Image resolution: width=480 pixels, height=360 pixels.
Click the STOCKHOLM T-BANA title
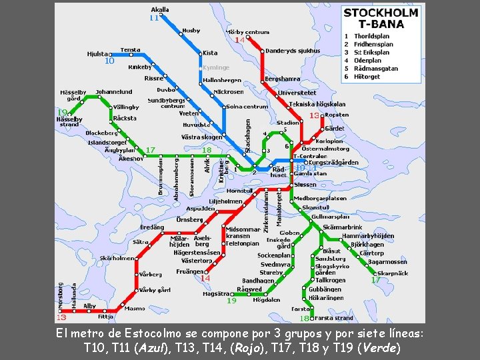[381, 18]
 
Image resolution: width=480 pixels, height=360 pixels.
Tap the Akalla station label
[160, 10]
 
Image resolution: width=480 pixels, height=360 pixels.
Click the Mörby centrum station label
[247, 32]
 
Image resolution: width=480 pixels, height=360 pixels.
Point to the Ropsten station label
[337, 115]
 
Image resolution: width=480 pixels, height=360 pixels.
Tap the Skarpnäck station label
[392, 273]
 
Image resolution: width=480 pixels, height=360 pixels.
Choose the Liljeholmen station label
[225, 201]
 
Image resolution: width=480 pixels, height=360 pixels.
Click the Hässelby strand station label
[69, 121]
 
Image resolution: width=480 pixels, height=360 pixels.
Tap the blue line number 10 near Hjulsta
[109, 61]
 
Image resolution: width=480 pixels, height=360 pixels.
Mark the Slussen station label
[305, 185]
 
